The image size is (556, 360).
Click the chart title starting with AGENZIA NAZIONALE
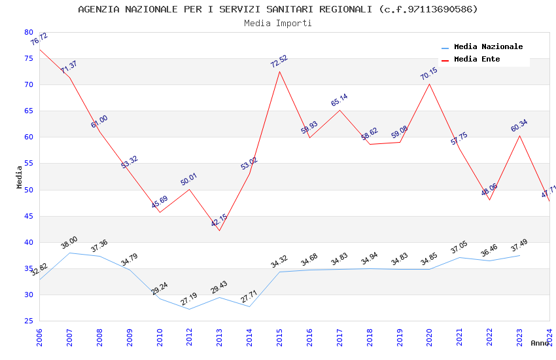(278, 9)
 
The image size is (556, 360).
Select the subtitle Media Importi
(278, 23)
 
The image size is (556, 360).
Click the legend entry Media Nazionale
(488, 47)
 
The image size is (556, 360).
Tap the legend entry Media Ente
(477, 60)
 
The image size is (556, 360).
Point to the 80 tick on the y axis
(28, 32)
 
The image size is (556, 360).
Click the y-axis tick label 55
(28, 164)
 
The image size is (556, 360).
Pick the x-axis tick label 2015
(280, 339)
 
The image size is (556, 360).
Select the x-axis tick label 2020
(430, 339)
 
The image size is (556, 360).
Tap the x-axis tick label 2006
(40, 339)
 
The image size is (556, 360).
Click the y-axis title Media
(20, 177)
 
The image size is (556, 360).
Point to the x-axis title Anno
(540, 343)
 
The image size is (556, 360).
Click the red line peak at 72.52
(280, 71)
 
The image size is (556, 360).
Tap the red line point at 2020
(430, 84)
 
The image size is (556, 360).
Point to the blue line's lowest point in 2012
(190, 309)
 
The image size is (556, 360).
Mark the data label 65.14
(339, 100)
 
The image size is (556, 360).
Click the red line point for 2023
(519, 135)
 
